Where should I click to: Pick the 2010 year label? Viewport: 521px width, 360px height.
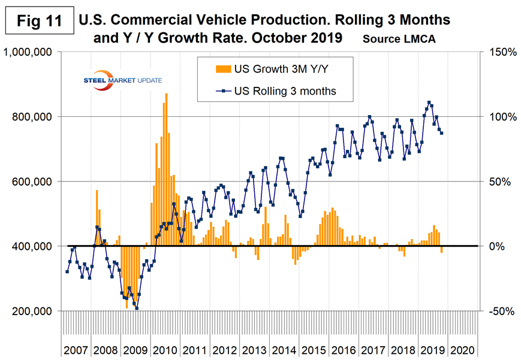[x=165, y=349]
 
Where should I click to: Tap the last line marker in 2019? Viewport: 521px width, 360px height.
[x=442, y=133]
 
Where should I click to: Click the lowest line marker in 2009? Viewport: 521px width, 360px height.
[x=137, y=308]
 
